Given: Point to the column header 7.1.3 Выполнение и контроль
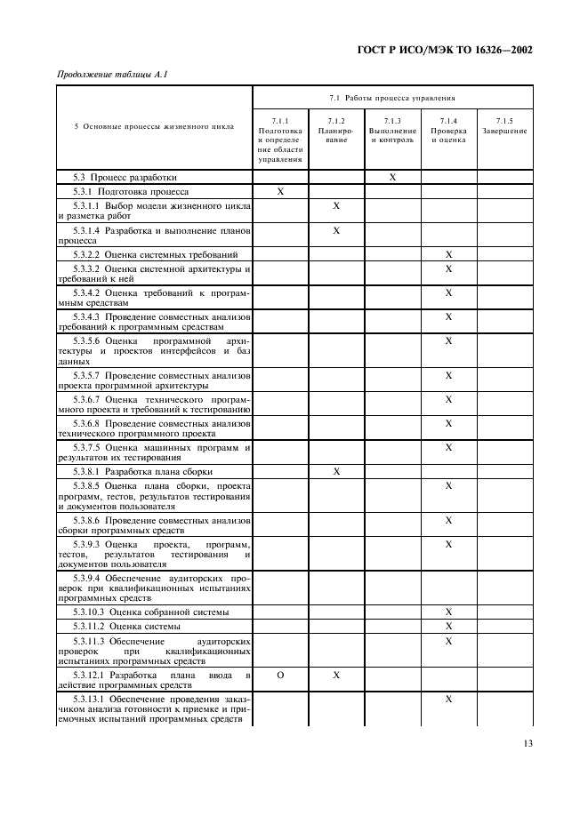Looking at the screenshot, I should tap(392, 131).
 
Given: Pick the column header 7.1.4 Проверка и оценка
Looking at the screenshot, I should tap(448, 131).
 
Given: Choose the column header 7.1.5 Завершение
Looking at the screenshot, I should tap(504, 126).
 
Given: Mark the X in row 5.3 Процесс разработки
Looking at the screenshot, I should tap(392, 178).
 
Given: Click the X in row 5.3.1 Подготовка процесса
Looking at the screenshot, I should tap(280, 192).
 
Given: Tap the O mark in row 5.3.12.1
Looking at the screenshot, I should tap(280, 676).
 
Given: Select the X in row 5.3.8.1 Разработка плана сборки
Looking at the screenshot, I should tap(336, 472).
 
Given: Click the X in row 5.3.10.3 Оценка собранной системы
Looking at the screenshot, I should tap(448, 612).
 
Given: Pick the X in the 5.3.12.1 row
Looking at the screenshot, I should tap(336, 676).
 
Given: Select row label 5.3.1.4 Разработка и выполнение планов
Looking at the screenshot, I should tap(154, 236).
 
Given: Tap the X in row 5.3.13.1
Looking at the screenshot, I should tap(448, 700).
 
